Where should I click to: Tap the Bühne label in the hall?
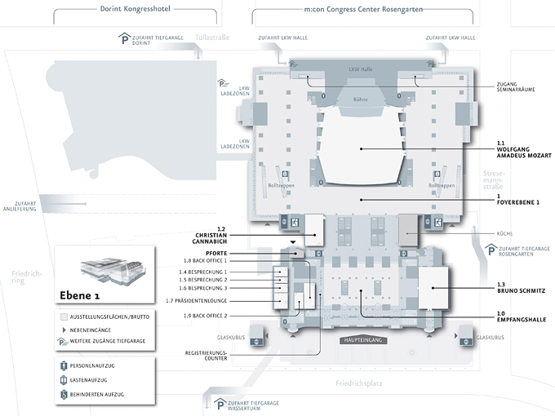(360, 100)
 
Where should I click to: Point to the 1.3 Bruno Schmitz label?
(521, 287)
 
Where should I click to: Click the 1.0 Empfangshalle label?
(521, 316)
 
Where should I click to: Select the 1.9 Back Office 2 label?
(205, 315)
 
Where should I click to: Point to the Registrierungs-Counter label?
(206, 356)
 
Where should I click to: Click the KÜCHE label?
(504, 233)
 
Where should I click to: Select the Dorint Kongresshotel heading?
(134, 10)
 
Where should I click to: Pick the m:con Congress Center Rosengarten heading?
(362, 10)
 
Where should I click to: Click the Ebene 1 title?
(81, 295)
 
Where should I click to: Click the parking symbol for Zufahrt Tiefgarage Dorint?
(124, 38)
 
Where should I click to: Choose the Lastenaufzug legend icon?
(65, 380)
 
